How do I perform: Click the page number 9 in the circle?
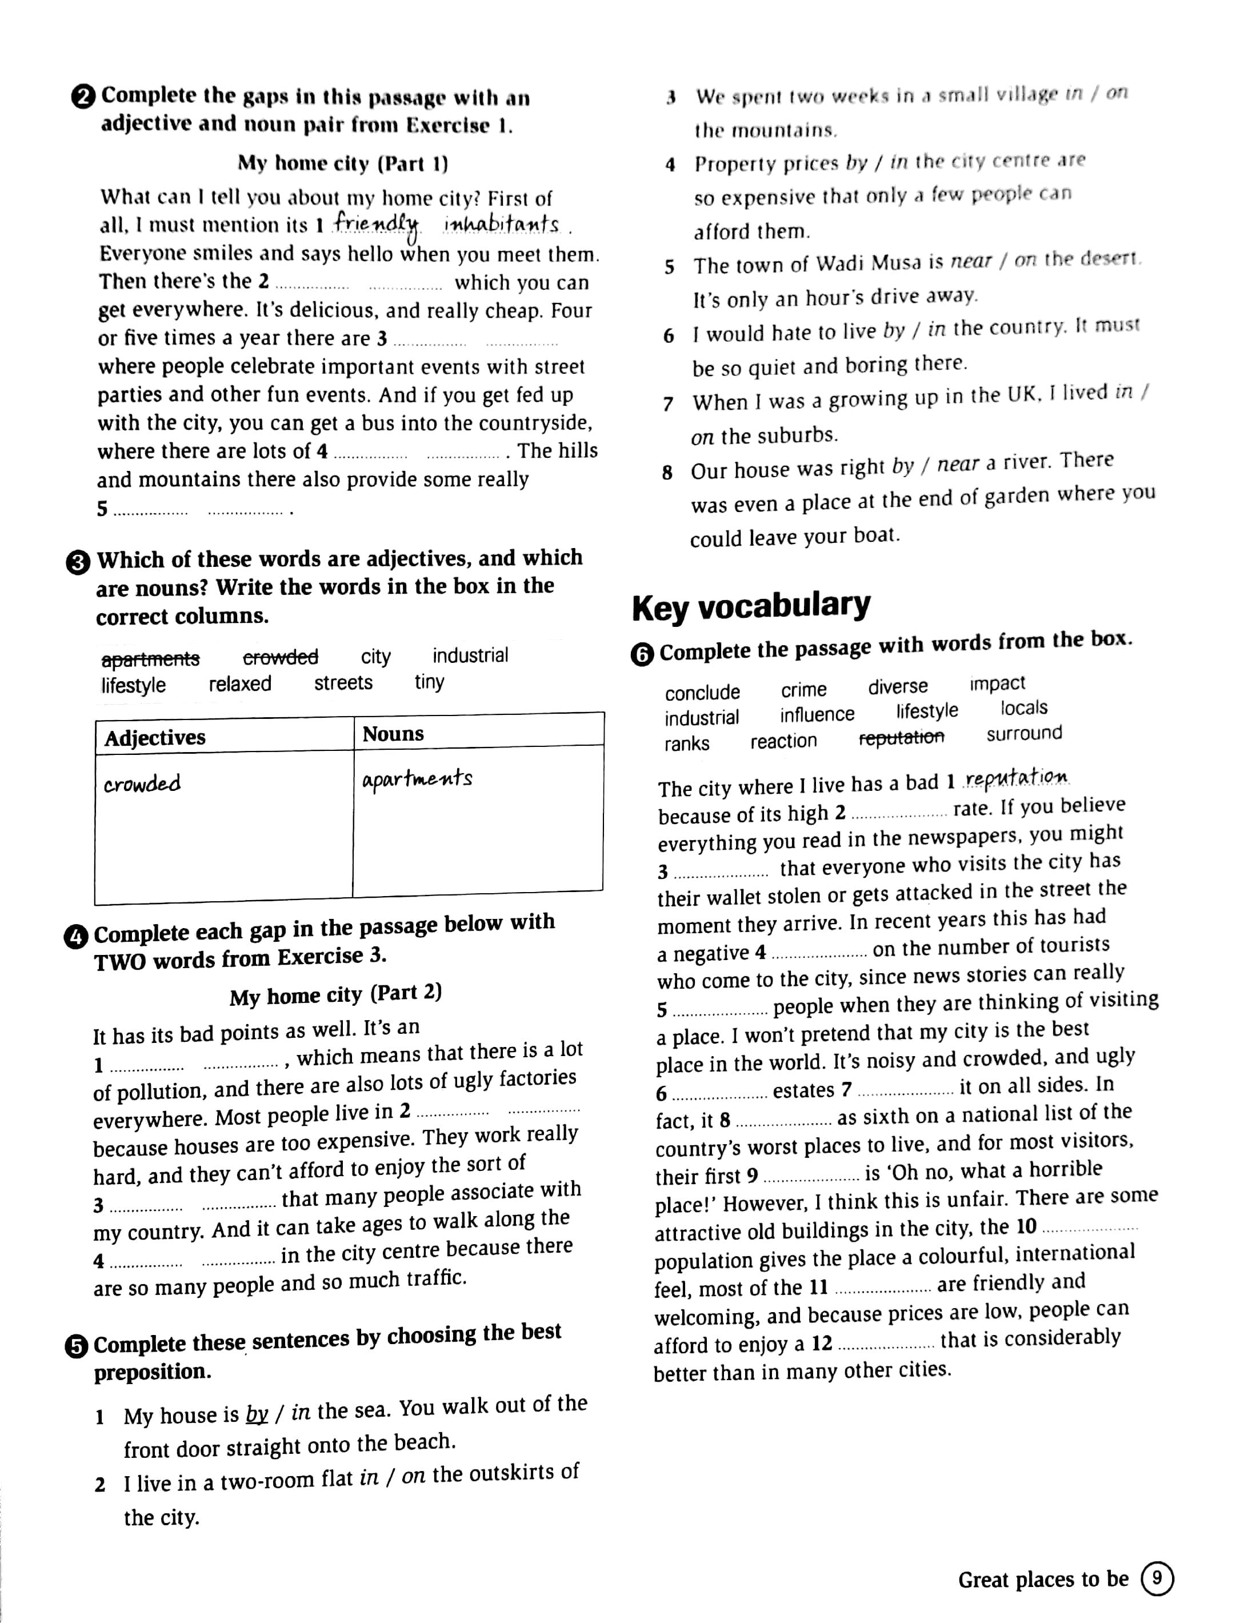pyautogui.click(x=1157, y=1578)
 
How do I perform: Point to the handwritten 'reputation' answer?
pyautogui.click(x=1016, y=777)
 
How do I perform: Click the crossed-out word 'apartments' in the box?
pyautogui.click(x=150, y=659)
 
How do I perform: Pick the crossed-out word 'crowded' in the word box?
pyautogui.click(x=281, y=657)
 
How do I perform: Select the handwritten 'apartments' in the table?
pyautogui.click(x=417, y=779)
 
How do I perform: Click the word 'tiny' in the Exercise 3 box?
pyautogui.click(x=429, y=682)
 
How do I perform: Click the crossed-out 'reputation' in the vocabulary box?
pyautogui.click(x=901, y=737)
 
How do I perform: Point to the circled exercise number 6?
pyautogui.click(x=642, y=654)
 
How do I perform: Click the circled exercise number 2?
pyautogui.click(x=83, y=97)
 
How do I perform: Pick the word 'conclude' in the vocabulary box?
pyautogui.click(x=702, y=692)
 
